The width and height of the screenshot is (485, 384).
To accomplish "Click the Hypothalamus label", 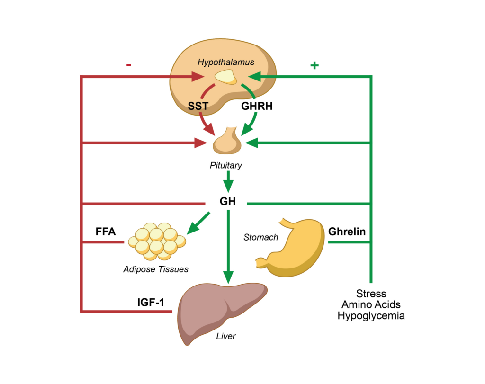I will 226,62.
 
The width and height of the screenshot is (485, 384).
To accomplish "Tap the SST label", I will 198,106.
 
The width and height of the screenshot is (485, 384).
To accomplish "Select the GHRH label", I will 257,106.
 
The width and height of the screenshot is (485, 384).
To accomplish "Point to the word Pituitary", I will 226,165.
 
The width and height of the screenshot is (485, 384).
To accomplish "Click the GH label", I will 227,201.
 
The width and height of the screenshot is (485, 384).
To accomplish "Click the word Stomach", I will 260,237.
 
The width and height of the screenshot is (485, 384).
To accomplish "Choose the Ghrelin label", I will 347,232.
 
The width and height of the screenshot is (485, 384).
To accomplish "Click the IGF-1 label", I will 148,302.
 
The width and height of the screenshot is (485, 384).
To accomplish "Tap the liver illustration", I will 221,310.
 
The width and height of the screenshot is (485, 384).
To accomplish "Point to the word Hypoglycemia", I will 371,316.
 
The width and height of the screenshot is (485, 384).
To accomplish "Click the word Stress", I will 371,294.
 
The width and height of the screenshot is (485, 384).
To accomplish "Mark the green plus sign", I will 314,65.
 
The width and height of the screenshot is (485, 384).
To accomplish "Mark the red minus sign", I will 129,65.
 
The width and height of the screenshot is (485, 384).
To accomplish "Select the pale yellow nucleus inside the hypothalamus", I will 225,77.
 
